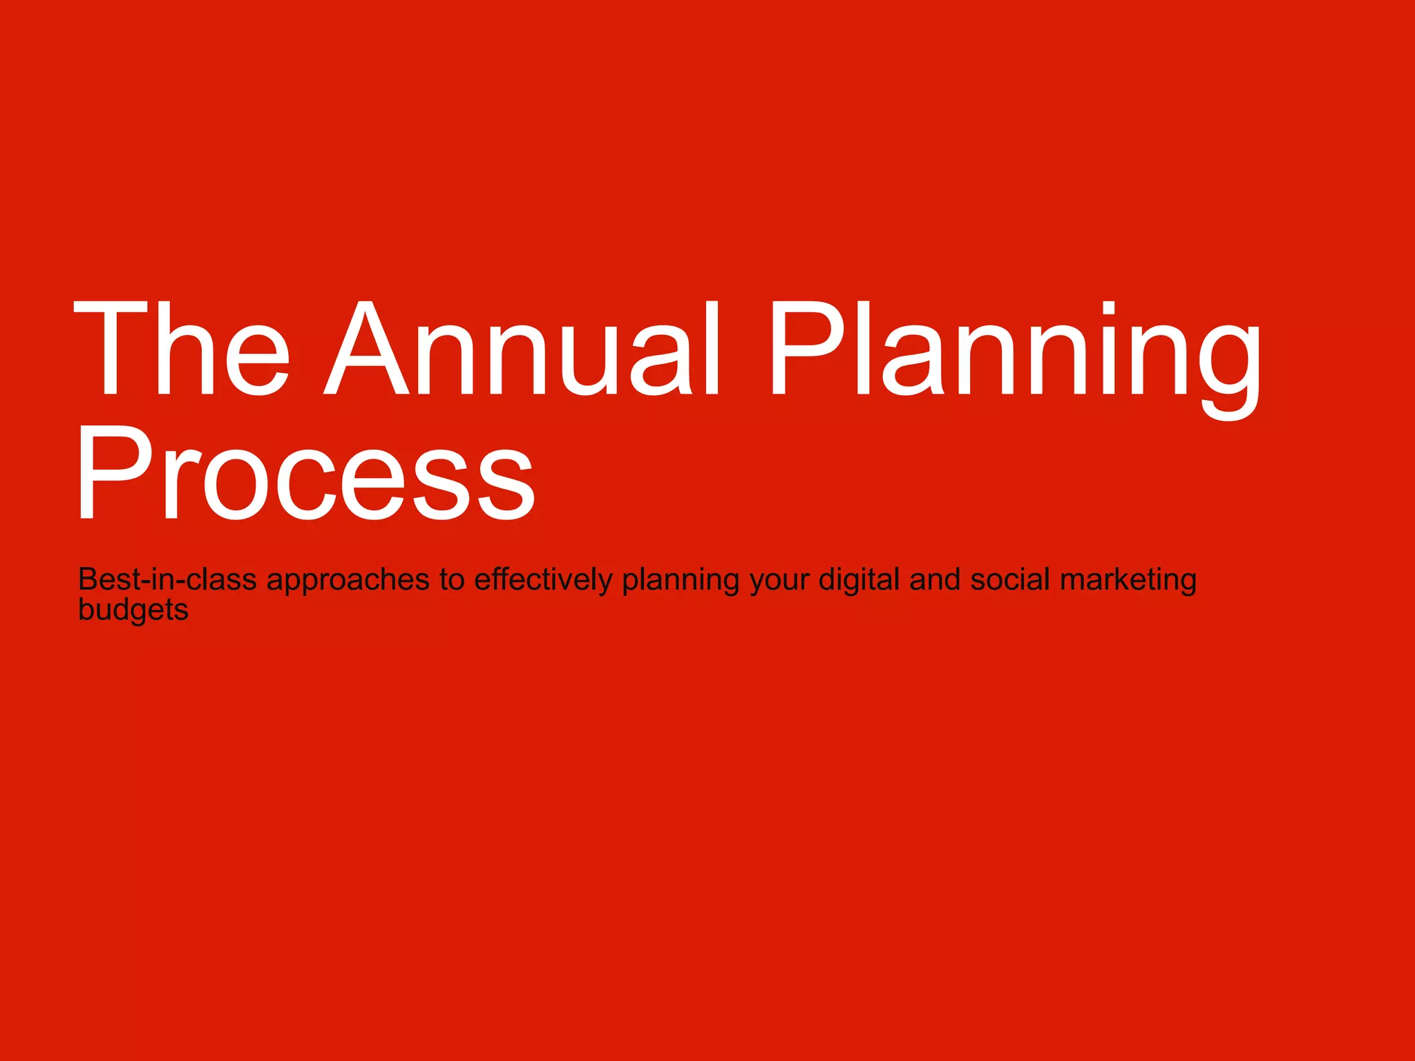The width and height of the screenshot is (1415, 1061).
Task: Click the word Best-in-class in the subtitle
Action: coord(167,580)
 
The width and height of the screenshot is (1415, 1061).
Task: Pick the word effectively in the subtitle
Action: coord(543,580)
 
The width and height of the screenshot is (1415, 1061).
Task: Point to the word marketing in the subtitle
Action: coord(1128,580)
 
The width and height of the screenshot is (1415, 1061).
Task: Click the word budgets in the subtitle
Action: coord(133,611)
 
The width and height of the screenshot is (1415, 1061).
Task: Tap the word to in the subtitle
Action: coord(452,580)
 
